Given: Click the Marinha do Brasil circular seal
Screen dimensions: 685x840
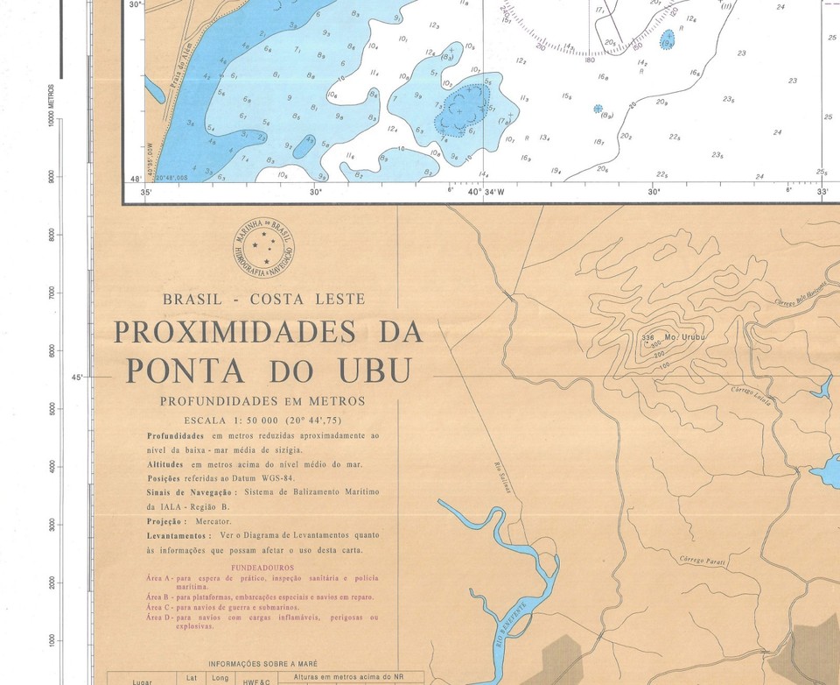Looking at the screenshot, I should click(264, 244).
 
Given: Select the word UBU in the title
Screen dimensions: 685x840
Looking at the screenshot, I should click(374, 371).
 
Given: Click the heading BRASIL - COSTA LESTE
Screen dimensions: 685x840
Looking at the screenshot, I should click(263, 300).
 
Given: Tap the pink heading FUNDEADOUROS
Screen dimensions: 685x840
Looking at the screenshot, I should click(262, 568).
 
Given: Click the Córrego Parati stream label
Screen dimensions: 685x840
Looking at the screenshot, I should click(703, 560).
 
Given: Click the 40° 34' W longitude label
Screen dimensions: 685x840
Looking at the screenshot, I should click(487, 192).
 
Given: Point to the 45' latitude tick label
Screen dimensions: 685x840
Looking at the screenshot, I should click(77, 378).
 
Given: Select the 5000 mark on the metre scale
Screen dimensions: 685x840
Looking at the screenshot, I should click(52, 409).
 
